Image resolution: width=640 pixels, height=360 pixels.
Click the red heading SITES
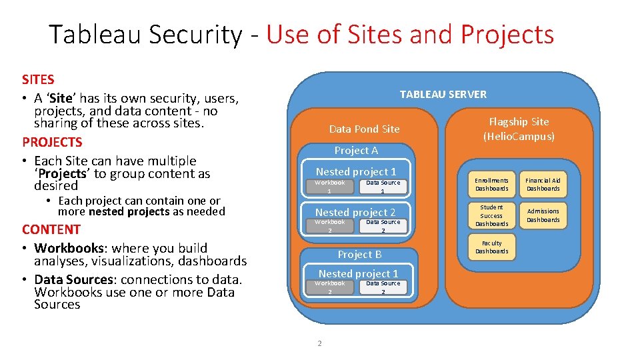click(x=38, y=80)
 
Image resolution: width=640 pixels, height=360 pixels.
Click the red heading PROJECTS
click(x=52, y=142)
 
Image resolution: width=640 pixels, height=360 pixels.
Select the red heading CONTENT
click(x=51, y=229)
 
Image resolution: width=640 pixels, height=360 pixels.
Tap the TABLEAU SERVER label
click(x=443, y=94)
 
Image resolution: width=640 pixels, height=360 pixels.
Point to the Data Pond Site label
click(x=364, y=129)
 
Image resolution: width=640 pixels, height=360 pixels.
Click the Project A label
click(x=356, y=150)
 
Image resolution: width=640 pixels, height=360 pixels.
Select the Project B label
click(x=359, y=254)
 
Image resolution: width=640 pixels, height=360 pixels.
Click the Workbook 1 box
click(x=329, y=187)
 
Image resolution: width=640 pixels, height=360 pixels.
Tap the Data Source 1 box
click(x=383, y=187)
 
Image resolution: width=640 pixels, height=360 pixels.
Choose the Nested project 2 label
click(x=355, y=212)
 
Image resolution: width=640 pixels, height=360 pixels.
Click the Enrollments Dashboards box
click(x=491, y=184)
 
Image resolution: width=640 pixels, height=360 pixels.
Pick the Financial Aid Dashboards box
click(x=543, y=184)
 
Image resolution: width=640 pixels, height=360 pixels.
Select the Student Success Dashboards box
click(x=491, y=215)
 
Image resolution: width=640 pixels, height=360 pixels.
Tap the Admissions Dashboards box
click(x=543, y=215)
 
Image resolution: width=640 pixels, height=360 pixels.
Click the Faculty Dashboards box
click(x=491, y=247)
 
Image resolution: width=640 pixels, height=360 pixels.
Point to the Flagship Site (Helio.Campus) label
click(x=519, y=129)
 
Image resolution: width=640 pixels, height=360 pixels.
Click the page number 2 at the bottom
click(x=319, y=343)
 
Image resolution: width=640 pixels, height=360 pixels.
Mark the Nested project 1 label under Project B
click(x=358, y=273)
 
